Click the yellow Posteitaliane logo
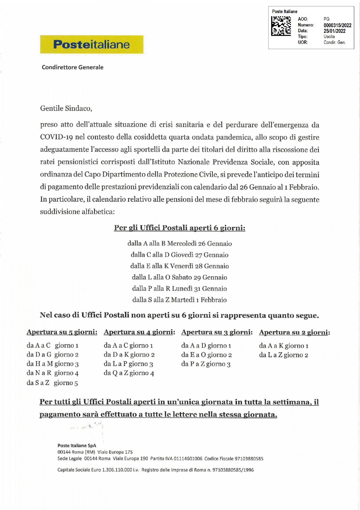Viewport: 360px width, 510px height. coord(91,44)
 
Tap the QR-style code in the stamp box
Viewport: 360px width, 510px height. coord(281,26)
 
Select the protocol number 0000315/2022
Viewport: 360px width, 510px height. coord(337,25)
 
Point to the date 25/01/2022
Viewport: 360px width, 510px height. coord(335,31)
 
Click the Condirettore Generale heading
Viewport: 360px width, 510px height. coord(73,67)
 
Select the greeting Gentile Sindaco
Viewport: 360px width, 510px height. coord(66,108)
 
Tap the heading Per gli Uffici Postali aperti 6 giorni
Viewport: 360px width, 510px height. coord(180,228)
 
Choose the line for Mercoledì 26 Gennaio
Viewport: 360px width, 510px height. coord(180,244)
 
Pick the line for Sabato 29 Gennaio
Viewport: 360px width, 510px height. coord(180,277)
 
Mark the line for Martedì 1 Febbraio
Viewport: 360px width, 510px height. coord(180,300)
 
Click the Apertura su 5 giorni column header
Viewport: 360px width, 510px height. coord(62,332)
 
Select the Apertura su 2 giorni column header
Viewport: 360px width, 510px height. coord(294,332)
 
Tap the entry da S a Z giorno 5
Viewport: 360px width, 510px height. coord(52,383)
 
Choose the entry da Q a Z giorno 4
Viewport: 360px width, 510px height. coord(129,373)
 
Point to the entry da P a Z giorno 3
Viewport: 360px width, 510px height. coord(206,364)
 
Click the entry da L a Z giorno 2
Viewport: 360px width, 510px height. coord(284,355)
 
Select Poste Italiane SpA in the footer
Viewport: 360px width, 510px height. coord(77,446)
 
